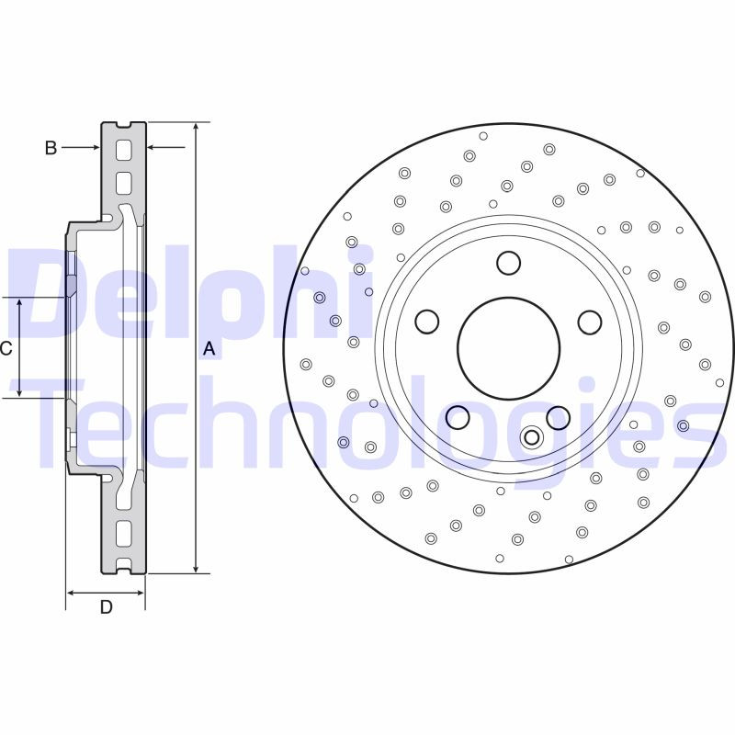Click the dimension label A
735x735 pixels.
(209, 349)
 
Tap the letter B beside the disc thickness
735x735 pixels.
(51, 147)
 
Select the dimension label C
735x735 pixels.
(6, 348)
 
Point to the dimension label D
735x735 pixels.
(106, 607)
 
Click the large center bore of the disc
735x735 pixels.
(509, 346)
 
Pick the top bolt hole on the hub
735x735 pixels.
(508, 264)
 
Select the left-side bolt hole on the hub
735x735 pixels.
(427, 322)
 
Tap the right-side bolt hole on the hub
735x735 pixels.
(590, 322)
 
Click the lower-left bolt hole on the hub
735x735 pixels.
(458, 418)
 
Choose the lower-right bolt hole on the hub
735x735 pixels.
(559, 418)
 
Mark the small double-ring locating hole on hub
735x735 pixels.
(531, 437)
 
